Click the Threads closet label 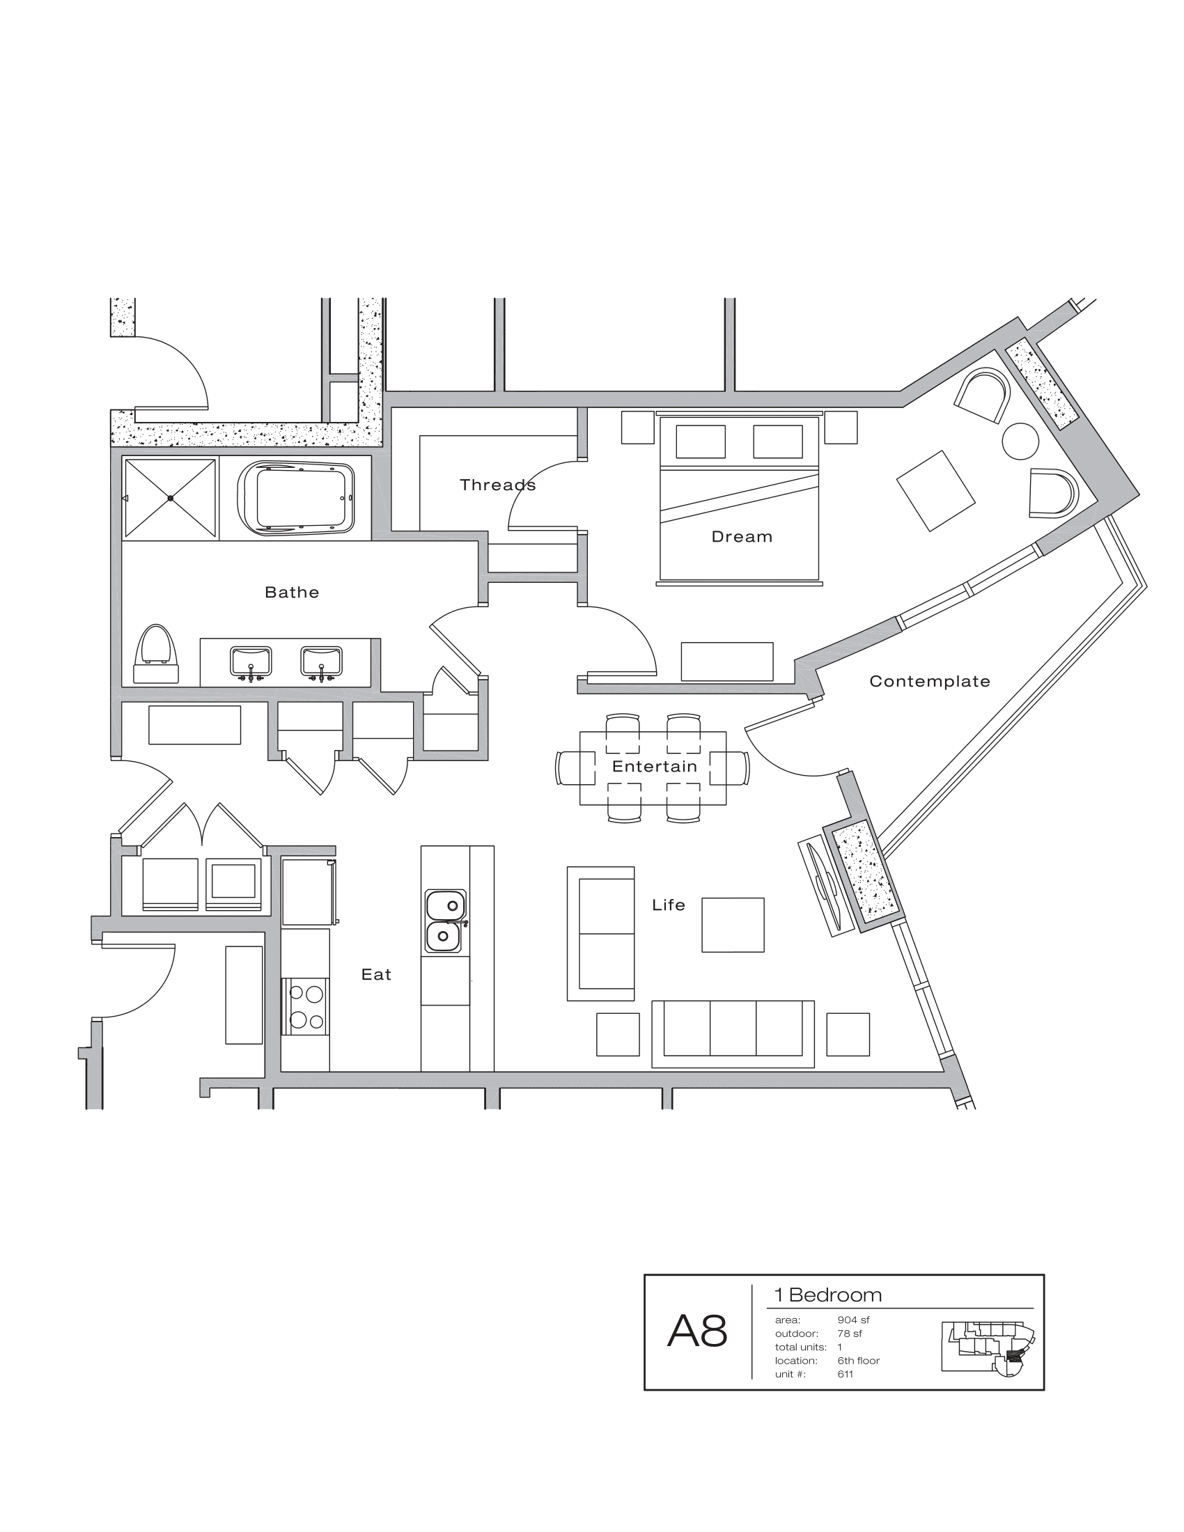point(497,485)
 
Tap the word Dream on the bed point(742,537)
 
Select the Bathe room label point(292,592)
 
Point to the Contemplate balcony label point(929,681)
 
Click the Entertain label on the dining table point(655,766)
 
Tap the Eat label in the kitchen point(376,974)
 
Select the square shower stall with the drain point(171,498)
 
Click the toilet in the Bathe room point(156,655)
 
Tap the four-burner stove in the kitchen point(306,1007)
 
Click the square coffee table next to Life point(732,925)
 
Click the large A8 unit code point(697,1330)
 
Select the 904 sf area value point(853,1320)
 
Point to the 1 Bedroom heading point(827,1295)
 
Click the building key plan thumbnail point(988,1348)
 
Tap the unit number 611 point(846,1374)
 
